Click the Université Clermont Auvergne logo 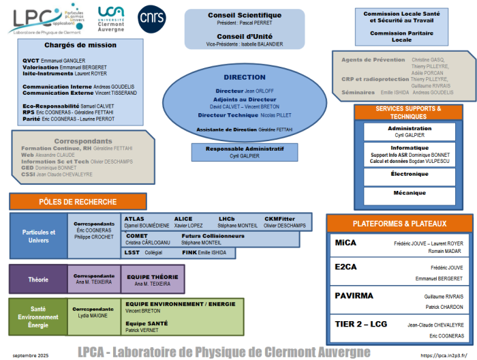(111, 18)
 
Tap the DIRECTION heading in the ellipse (245, 78)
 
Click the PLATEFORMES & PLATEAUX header (399, 224)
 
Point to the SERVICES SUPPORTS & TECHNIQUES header (408, 112)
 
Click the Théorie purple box (37, 280)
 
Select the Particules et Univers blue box (38, 236)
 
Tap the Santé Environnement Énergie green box (37, 317)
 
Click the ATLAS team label (134, 219)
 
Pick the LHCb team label (227, 219)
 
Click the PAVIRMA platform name (355, 296)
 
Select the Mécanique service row (410, 194)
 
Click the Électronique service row (410, 174)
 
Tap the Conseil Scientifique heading (245, 16)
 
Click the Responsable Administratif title (245, 148)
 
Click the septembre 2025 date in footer (31, 355)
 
